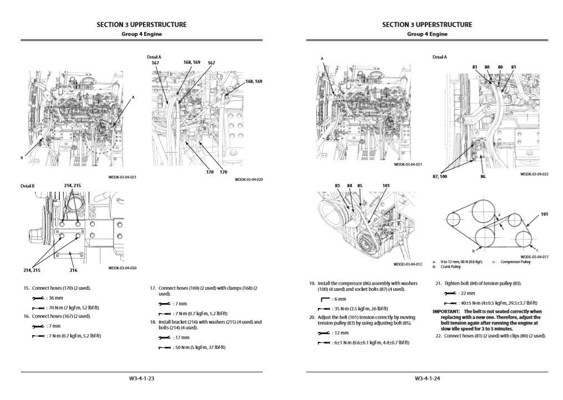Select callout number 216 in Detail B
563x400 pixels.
tap(74, 270)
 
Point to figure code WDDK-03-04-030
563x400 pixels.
tap(122, 268)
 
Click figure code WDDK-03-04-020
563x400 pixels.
tap(249, 180)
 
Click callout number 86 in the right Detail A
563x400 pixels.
tap(483, 177)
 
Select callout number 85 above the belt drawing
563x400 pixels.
tap(360, 186)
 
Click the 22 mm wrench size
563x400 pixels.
tap(467, 293)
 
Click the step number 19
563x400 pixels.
tap(312, 283)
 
